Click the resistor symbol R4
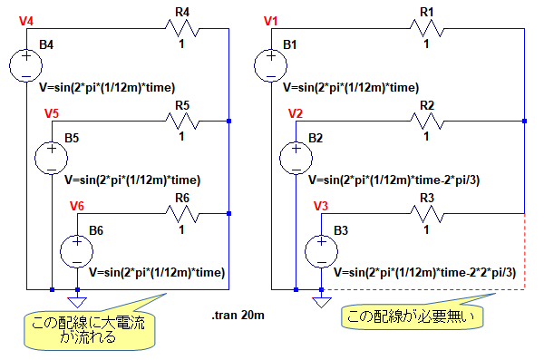point(182,28)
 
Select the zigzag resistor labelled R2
point(427,122)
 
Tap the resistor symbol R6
point(182,214)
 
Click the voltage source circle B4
point(26,65)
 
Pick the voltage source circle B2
point(296,159)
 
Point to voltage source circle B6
point(77,251)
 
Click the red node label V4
point(26,21)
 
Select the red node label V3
point(321,206)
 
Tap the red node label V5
point(52,113)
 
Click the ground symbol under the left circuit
point(77,302)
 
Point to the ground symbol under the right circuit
point(322,302)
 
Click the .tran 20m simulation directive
point(238,316)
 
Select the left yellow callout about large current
point(89,329)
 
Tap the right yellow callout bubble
point(413,316)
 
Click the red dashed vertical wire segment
point(525,251)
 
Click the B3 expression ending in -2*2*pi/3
point(424,273)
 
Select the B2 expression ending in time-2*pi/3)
point(393,180)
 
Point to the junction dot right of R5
point(228,122)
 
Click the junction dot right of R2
point(525,122)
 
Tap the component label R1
point(427,13)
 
